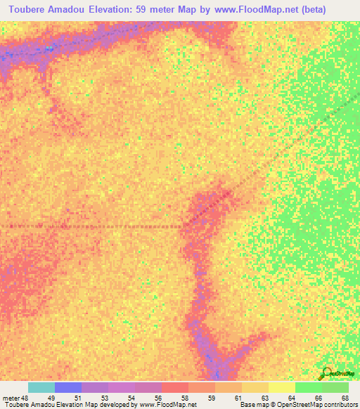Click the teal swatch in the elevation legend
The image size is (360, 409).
(x=41, y=387)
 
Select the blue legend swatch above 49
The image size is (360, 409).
(x=68, y=387)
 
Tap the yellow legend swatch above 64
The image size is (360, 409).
(x=282, y=387)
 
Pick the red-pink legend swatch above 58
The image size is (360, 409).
(x=175, y=387)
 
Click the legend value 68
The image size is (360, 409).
(x=345, y=397)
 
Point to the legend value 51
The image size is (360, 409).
(x=77, y=397)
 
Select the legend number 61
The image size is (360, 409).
(x=238, y=397)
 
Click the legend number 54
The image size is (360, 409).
(x=131, y=397)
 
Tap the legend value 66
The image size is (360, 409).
(x=318, y=397)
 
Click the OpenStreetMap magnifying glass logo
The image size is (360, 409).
(x=326, y=373)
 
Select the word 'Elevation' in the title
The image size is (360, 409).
(x=122, y=9)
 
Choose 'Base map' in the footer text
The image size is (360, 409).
(x=255, y=405)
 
